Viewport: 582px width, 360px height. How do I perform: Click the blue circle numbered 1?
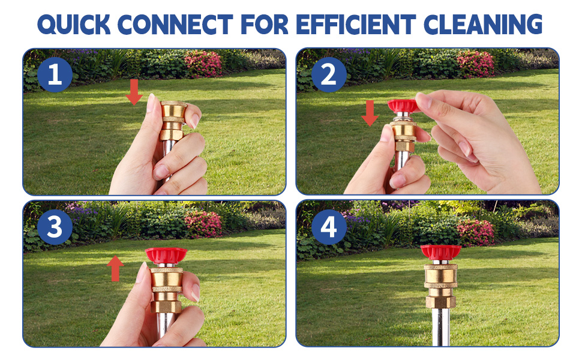tap(55, 76)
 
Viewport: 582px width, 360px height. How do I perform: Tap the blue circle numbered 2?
tap(329, 76)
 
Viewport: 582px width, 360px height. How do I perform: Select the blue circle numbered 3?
tap(55, 228)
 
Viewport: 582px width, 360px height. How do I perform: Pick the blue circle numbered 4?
tap(329, 228)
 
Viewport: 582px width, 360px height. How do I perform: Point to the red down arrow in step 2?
tap(370, 113)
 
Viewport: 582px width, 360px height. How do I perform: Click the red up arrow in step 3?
tap(115, 268)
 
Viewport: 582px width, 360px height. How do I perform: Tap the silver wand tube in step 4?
tap(440, 327)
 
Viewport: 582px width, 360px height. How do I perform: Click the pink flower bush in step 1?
tap(203, 63)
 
